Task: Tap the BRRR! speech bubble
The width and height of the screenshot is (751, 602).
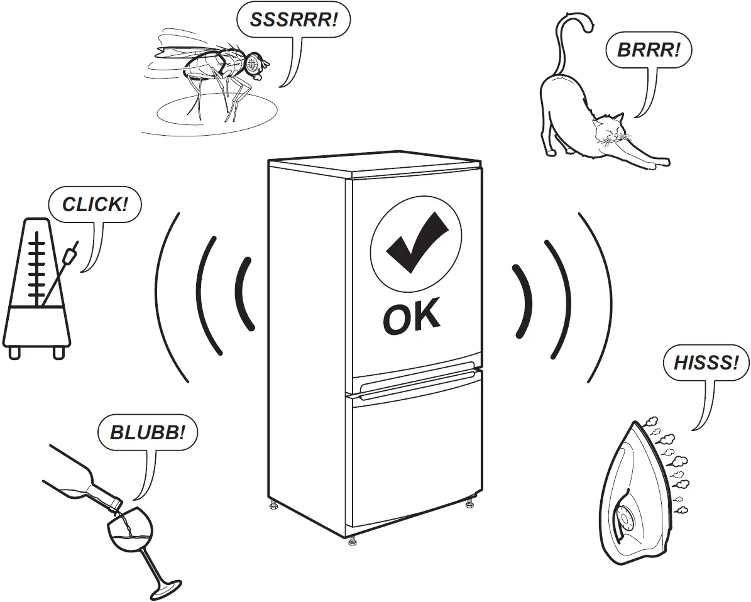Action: [x=648, y=50]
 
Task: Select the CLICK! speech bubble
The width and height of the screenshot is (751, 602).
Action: [x=94, y=204]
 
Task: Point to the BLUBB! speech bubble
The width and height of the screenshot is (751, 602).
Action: [x=148, y=432]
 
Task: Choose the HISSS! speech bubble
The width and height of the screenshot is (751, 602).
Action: [x=706, y=363]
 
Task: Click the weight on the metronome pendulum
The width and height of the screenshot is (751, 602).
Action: [x=70, y=255]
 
